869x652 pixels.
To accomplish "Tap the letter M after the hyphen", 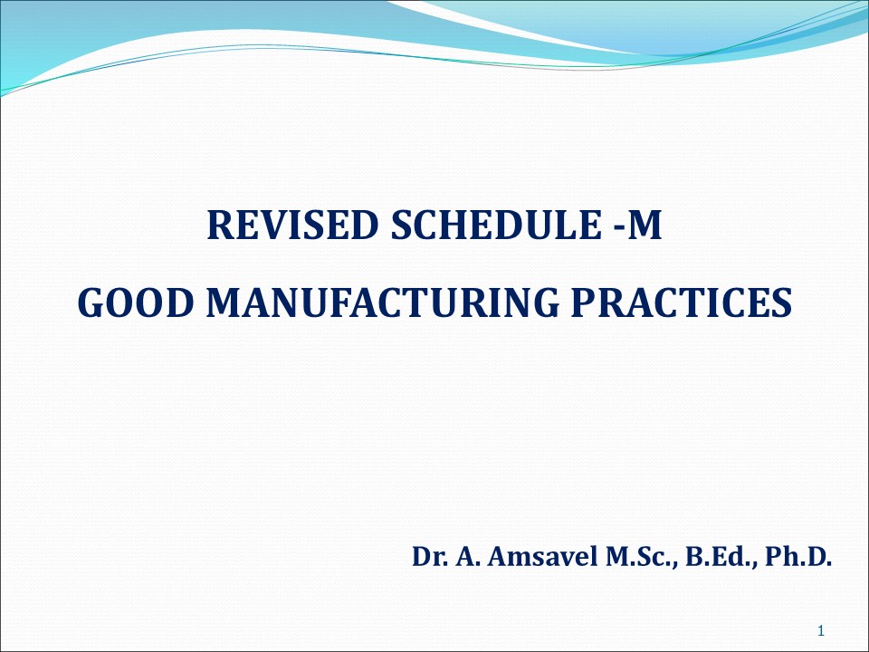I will pos(645,226).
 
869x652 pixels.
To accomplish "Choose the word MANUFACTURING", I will pos(391,303).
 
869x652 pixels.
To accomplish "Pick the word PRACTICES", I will pos(688,303).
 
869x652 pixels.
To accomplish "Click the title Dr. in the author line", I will pos(427,555).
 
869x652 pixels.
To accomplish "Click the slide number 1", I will pos(819,630).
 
